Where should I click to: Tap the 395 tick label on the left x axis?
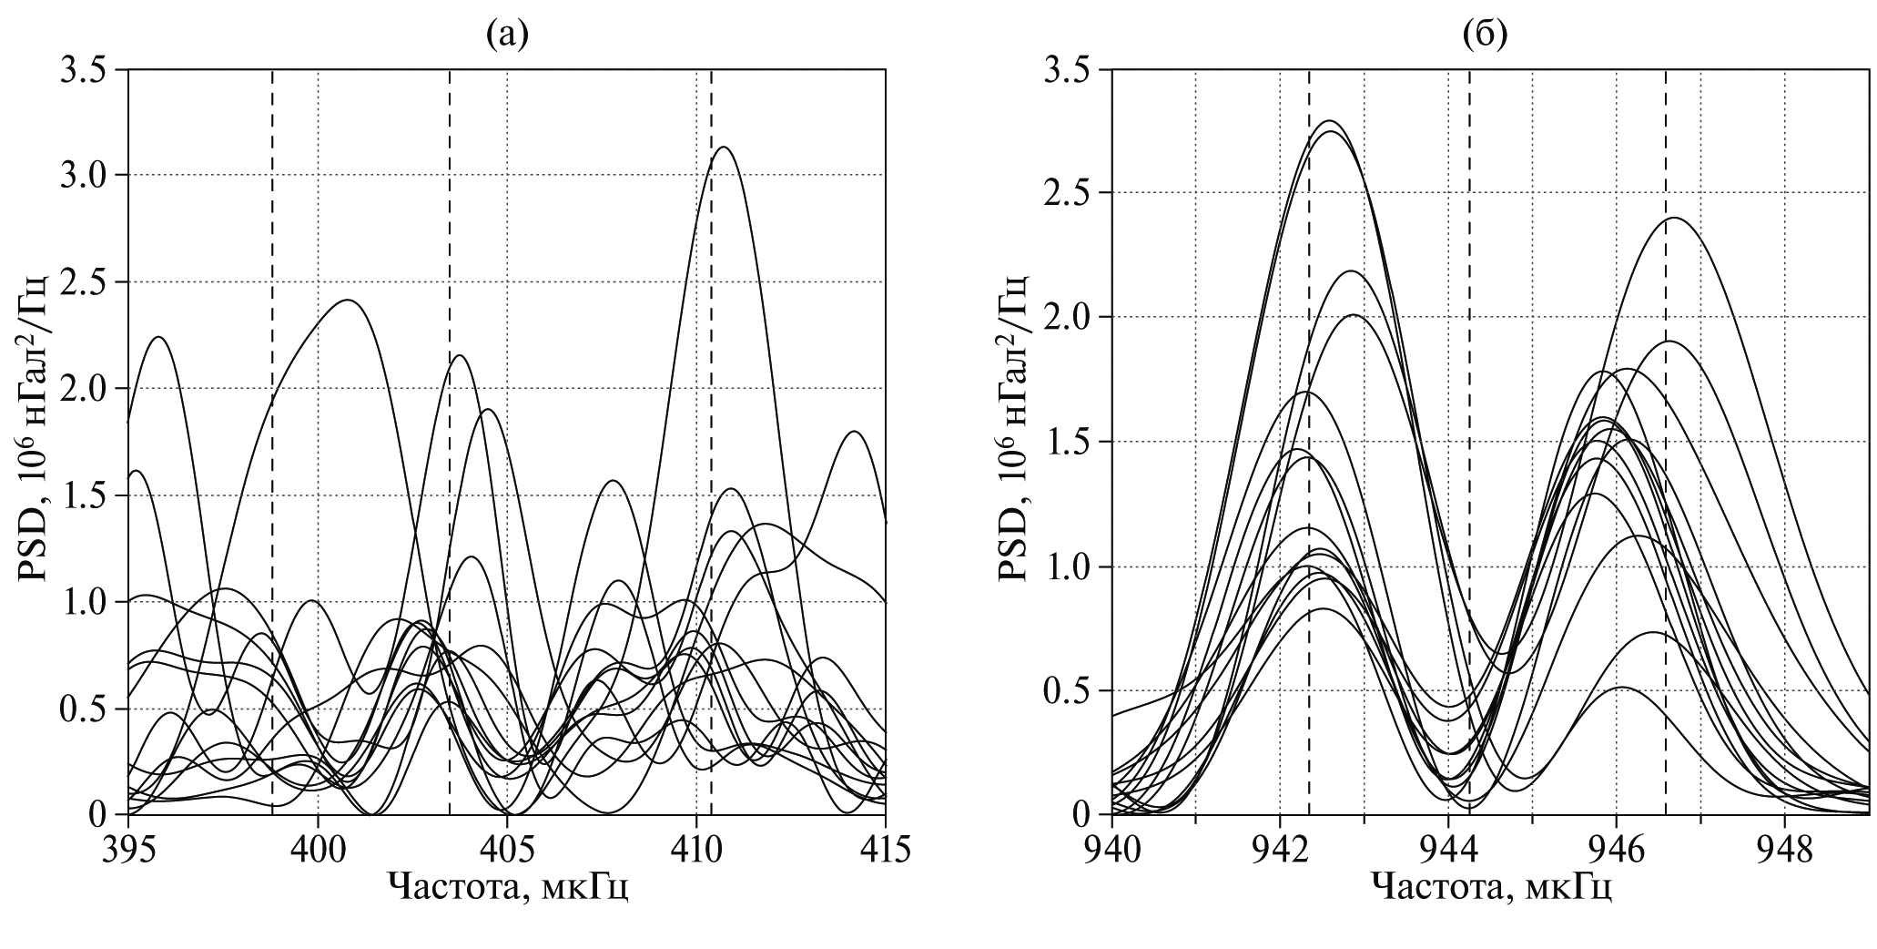click(128, 850)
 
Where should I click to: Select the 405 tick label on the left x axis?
click(507, 850)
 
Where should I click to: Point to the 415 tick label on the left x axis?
click(885, 850)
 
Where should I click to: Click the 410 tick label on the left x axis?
click(696, 850)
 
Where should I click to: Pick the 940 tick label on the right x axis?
click(1112, 850)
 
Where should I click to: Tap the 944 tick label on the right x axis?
click(1449, 850)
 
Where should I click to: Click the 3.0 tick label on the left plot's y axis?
click(83, 175)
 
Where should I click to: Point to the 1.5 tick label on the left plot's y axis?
click(83, 495)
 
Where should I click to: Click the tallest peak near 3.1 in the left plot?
click(725, 148)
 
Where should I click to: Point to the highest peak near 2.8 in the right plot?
click(1330, 121)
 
